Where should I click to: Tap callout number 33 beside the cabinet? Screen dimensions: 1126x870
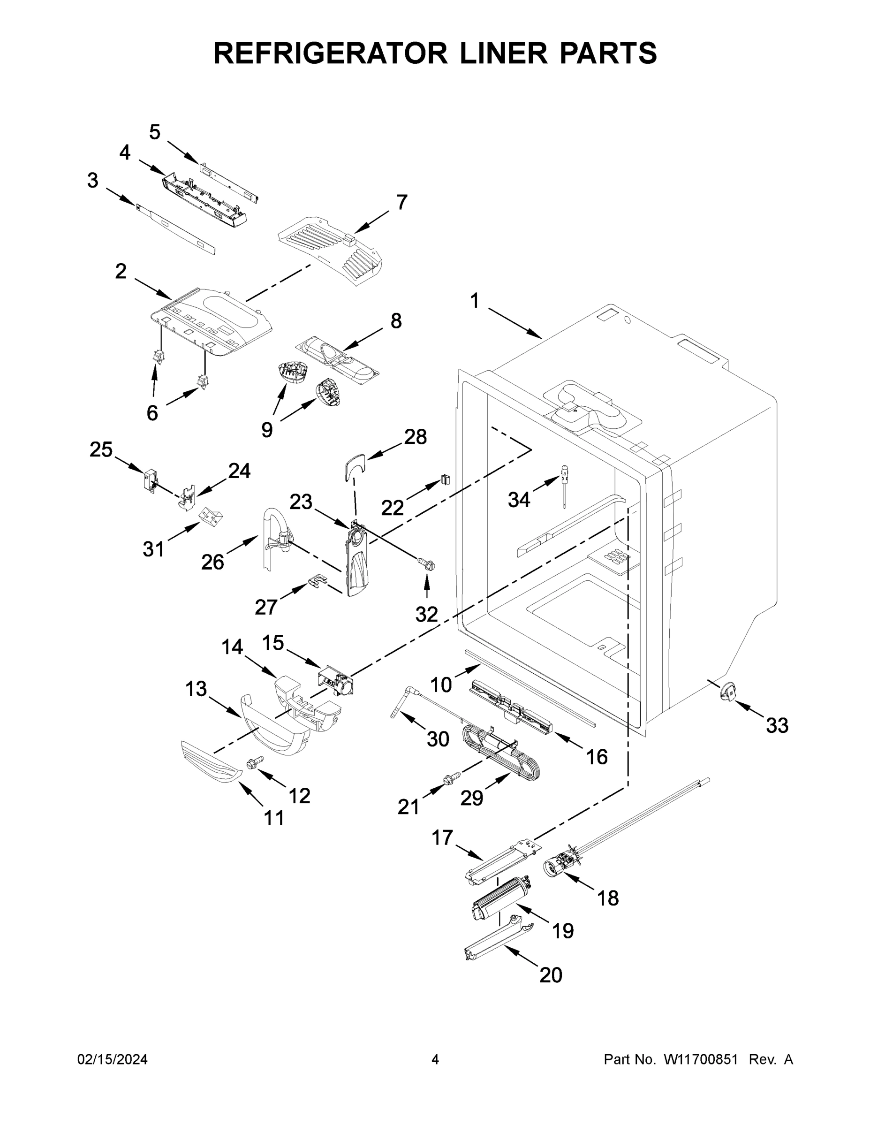(777, 725)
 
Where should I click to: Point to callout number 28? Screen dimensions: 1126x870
(416, 437)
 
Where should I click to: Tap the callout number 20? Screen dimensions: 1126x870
(551, 975)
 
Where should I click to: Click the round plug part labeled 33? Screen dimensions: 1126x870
(729, 692)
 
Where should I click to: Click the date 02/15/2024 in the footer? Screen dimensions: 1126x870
(113, 1059)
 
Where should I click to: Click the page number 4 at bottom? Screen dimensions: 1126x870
(435, 1059)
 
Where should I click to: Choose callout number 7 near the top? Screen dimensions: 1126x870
(401, 202)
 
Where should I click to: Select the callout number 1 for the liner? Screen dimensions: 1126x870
(475, 301)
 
